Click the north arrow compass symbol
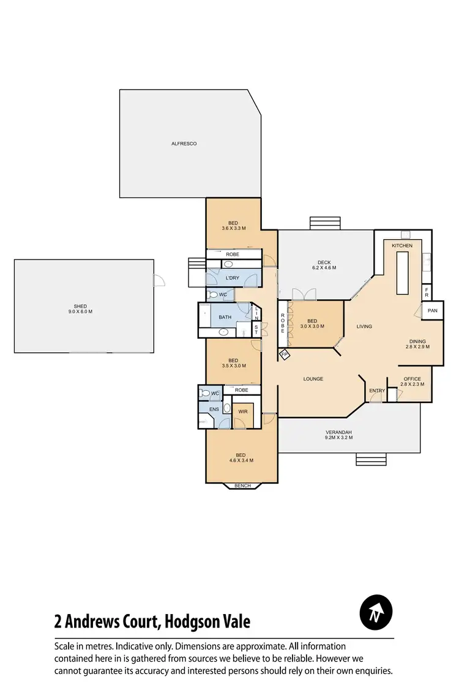(376, 612)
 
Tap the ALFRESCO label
(184, 144)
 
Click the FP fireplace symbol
(284, 354)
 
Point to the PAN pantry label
(432, 311)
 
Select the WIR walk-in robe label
(242, 412)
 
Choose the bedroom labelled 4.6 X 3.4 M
(241, 457)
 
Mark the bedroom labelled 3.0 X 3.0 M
(312, 324)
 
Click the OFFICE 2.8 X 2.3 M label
(412, 382)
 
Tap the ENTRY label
(376, 391)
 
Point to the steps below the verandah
(371, 459)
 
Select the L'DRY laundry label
(232, 278)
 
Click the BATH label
(225, 317)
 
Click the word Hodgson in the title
(195, 622)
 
